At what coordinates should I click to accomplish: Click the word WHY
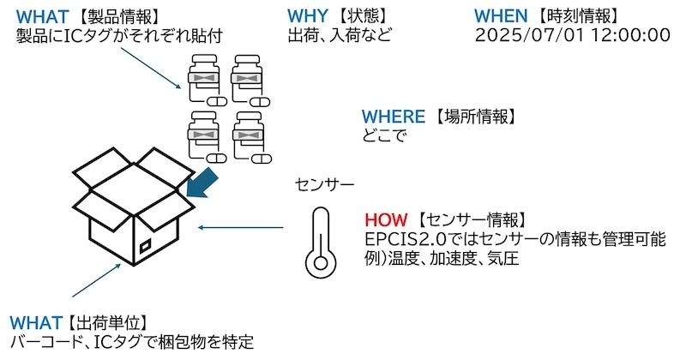tap(307, 15)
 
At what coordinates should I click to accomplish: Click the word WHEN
tap(501, 15)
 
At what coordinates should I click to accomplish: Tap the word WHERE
tap(394, 117)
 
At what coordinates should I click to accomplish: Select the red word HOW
tap(386, 219)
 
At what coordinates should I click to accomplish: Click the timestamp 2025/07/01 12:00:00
tap(572, 35)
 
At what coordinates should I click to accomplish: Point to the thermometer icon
tap(321, 243)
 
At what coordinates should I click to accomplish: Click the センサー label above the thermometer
tap(325, 184)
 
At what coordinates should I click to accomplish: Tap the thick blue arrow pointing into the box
tap(202, 182)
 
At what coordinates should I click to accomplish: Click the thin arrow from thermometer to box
tap(241, 227)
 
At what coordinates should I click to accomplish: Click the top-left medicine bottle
tap(206, 80)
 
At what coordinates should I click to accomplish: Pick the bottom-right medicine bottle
tap(250, 137)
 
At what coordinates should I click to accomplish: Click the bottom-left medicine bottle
tap(206, 137)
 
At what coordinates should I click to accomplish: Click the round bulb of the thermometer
tap(321, 263)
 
